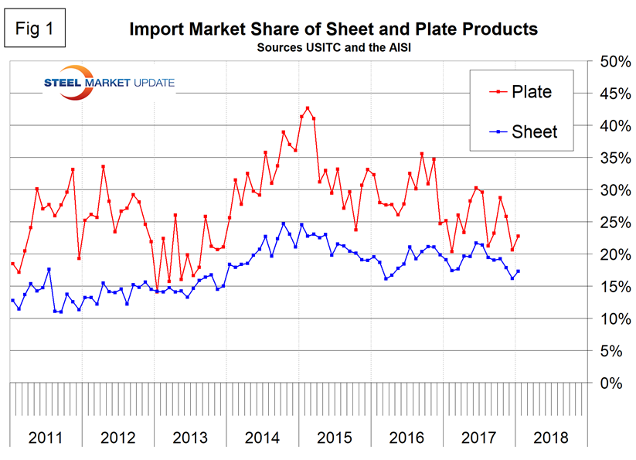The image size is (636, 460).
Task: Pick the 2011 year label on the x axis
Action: coord(46,438)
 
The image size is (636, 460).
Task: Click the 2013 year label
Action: coord(190,438)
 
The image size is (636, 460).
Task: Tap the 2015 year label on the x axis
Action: coord(335,438)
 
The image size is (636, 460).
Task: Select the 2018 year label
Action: coord(552,438)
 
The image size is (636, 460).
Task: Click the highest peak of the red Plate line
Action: coord(308,108)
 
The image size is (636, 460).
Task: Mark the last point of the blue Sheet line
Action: coord(518,271)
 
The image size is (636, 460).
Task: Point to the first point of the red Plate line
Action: coord(12,264)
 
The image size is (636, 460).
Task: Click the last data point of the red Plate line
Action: coord(518,237)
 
